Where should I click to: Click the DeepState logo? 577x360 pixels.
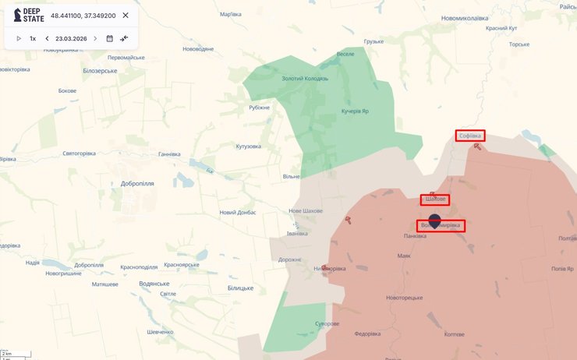tap(29, 16)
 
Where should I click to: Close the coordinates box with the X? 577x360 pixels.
tap(126, 16)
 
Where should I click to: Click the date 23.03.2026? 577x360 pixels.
tap(71, 38)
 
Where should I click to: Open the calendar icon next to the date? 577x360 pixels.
tap(109, 38)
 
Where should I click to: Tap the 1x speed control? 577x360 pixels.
tap(33, 38)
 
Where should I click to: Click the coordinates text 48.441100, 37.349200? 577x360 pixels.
tap(83, 16)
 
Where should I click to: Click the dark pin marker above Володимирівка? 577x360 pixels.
tap(435, 221)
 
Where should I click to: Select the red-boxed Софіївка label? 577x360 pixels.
tap(470, 136)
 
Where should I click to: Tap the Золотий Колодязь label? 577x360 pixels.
tap(306, 79)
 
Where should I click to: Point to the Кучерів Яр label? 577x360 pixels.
tap(354, 111)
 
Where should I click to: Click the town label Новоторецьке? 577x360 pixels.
tap(404, 298)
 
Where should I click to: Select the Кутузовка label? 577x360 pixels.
tap(248, 146)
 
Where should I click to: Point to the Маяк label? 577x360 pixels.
tap(404, 256)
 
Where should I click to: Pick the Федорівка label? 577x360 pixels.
tap(366, 335)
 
